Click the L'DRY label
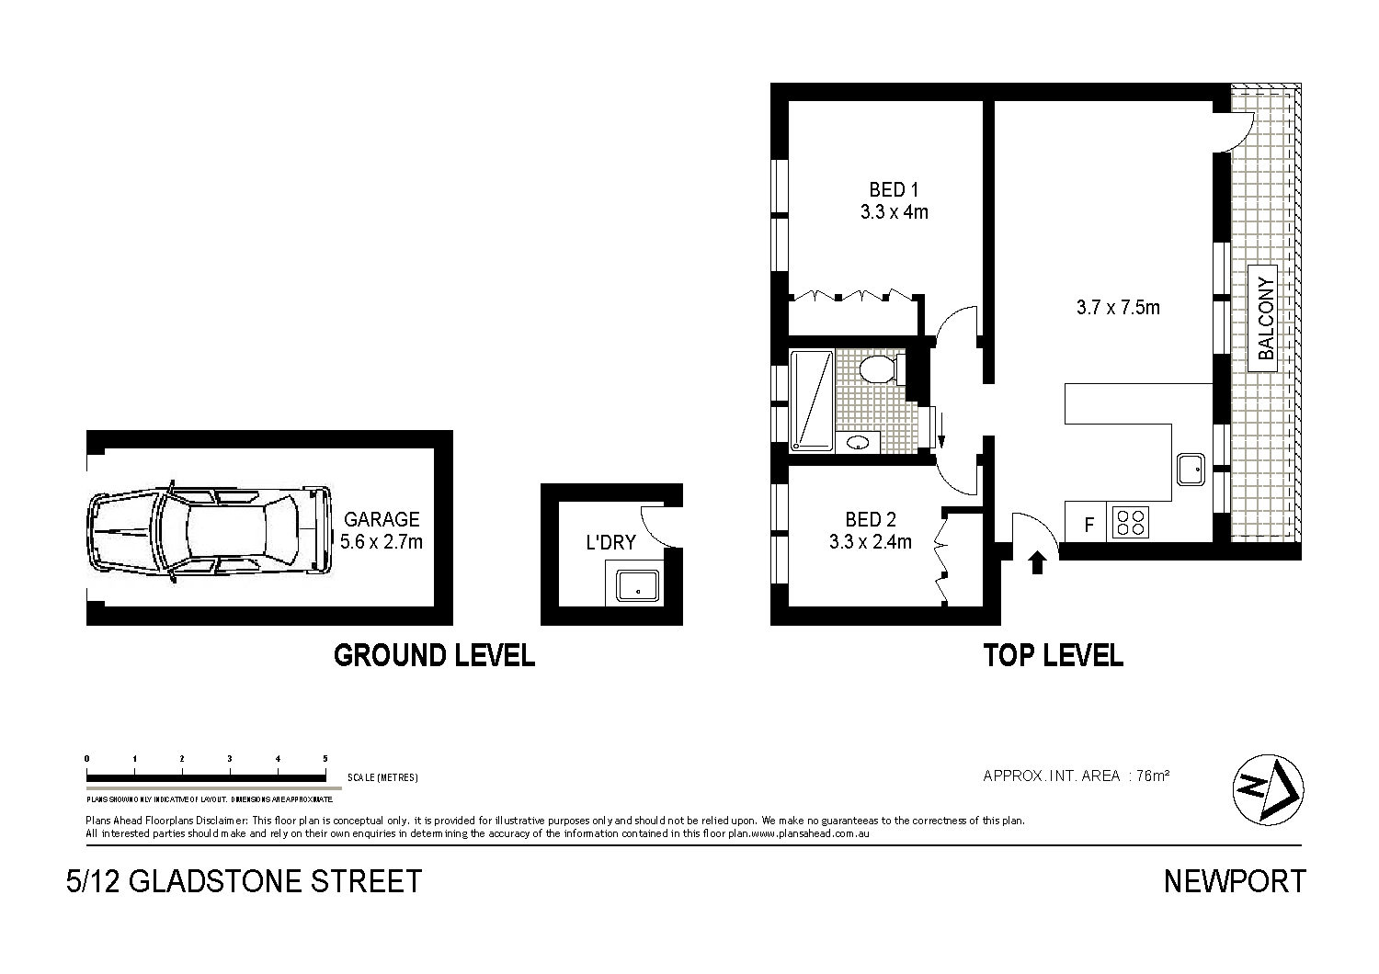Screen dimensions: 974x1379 (610, 543)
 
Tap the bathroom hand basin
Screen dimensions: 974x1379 (859, 442)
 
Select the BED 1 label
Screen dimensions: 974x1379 (894, 190)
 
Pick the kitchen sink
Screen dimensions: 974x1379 (1193, 470)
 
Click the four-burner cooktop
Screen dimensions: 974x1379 (1131, 523)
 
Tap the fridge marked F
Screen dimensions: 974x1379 (1088, 526)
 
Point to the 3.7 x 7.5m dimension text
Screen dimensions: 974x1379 (1118, 308)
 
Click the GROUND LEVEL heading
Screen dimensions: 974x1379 (434, 655)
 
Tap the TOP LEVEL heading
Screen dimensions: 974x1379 (1053, 655)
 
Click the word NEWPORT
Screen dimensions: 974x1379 (1234, 881)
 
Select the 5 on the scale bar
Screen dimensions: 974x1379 (325, 758)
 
